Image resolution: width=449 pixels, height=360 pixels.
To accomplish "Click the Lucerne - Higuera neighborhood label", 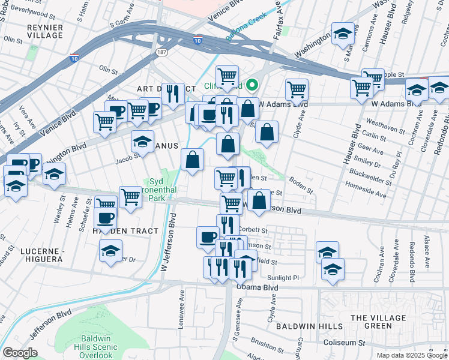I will [x=41, y=254].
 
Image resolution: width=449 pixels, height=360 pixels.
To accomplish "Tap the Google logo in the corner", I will [x=20, y=353].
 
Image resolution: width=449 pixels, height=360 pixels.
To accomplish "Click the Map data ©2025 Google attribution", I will [x=411, y=355].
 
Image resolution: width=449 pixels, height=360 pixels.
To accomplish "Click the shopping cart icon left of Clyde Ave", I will [x=297, y=89].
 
